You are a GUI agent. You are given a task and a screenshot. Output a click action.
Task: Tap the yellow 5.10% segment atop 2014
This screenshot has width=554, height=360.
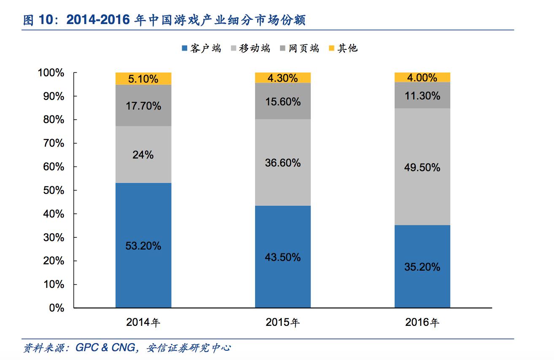[143, 78]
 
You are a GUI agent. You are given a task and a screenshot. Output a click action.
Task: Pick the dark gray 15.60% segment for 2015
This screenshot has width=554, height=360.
[283, 101]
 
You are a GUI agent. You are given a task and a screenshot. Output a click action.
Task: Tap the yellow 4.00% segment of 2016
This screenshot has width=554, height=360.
[422, 78]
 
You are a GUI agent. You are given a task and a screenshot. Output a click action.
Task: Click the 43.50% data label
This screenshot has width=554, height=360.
[283, 257]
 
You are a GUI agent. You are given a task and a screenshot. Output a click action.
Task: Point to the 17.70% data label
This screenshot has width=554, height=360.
[143, 106]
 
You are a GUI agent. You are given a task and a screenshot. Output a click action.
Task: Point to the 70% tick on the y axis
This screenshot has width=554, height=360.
[53, 143]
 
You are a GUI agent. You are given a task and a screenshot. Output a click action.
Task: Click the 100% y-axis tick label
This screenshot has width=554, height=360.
[51, 73]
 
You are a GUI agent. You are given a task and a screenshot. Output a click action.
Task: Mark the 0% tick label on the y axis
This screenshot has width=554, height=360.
[56, 308]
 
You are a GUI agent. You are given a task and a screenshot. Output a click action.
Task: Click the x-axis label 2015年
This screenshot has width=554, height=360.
[283, 323]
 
